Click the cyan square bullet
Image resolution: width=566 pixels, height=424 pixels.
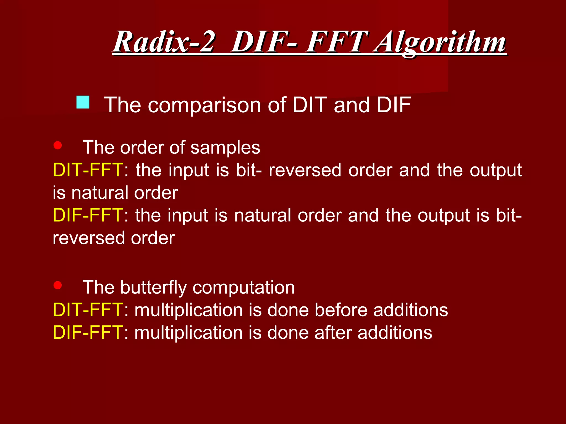83,102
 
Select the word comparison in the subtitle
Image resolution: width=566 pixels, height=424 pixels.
204,105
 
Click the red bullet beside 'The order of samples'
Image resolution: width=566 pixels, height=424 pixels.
57,145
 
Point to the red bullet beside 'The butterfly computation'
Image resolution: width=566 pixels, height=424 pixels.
57,285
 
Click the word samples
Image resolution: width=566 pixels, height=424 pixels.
225,148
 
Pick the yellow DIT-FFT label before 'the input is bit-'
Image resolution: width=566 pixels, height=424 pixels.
88,170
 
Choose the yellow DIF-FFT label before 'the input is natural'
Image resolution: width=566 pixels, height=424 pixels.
88,215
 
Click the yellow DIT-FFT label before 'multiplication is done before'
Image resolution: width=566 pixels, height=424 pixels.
88,310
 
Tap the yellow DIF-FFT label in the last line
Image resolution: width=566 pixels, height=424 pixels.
88,333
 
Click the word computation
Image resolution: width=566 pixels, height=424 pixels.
243,288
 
